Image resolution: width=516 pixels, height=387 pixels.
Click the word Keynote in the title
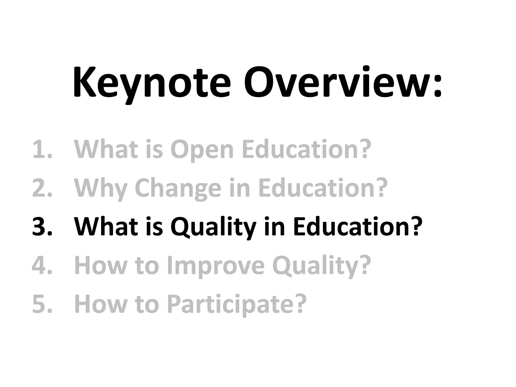pyautogui.click(x=151, y=83)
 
